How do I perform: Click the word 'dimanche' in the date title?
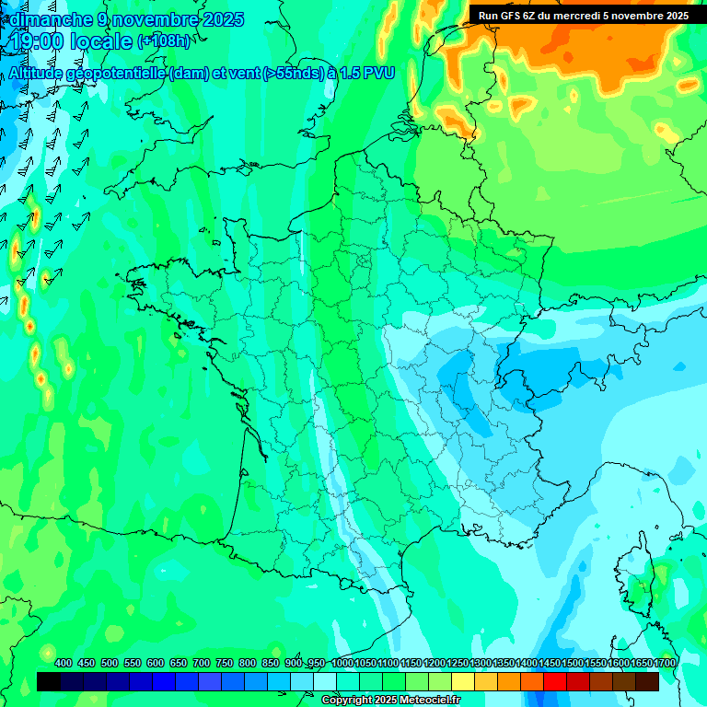47,19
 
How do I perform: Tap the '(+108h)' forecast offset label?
164,41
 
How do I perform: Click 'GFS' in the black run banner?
516,16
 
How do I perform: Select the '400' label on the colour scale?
64,664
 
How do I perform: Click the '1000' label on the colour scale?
342,664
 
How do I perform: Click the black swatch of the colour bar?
49,681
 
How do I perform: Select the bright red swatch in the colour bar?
555,681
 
